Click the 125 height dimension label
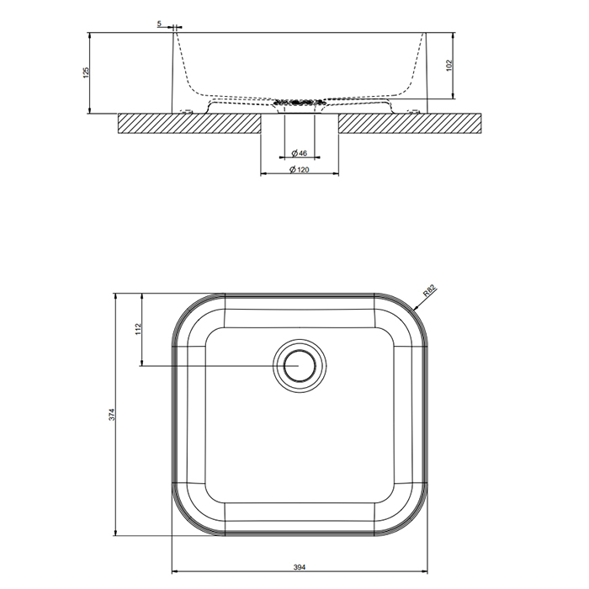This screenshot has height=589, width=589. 86,72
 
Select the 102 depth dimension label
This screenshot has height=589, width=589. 449,65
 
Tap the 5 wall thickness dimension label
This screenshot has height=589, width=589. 159,24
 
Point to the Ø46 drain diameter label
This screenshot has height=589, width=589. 300,153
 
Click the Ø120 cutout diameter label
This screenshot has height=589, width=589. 300,170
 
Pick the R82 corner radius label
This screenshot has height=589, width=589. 429,291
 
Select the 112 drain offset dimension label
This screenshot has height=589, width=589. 138,329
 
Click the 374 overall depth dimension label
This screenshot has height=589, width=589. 112,414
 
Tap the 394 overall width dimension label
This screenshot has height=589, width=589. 300,567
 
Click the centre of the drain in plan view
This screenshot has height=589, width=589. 300,365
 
